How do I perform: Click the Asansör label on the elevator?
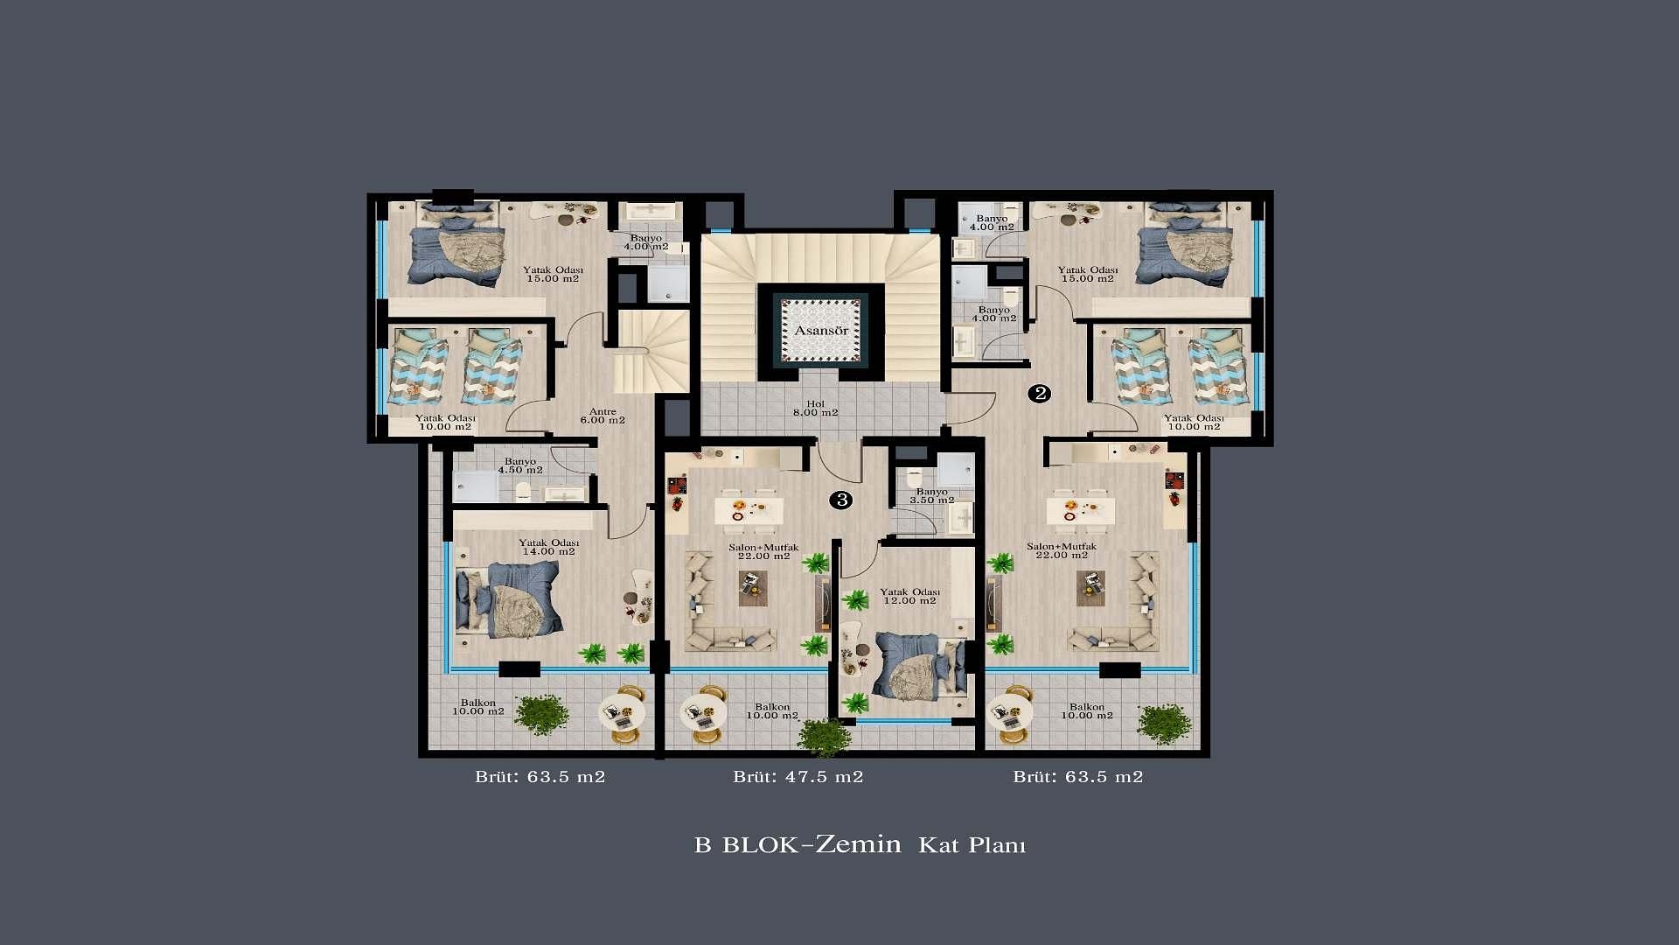tap(821, 331)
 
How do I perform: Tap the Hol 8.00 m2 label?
tap(815, 409)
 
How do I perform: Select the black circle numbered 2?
tap(1039, 394)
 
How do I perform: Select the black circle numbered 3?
tap(841, 500)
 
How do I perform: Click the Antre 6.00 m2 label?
tap(603, 416)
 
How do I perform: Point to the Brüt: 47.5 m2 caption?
tap(798, 777)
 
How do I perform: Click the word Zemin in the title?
tap(858, 844)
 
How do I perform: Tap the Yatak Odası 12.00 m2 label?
tap(909, 597)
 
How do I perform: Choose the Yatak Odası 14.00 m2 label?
tap(548, 548)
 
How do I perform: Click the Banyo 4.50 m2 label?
tap(520, 465)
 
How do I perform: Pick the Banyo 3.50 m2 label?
tap(932, 496)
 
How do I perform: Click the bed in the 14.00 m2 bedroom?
tap(509, 599)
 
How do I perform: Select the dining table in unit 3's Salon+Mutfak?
tap(749, 510)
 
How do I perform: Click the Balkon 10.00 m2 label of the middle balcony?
tap(772, 711)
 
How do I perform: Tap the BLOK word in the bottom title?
tap(760, 845)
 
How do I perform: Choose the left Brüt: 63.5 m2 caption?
tap(540, 777)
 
